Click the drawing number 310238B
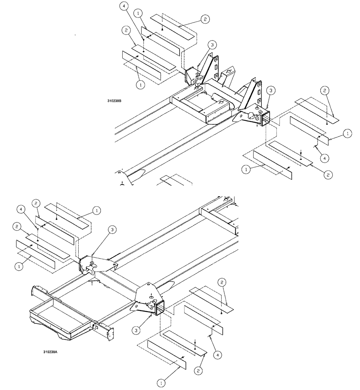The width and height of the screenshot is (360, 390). point(114,101)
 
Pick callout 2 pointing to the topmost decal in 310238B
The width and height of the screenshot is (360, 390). point(204,19)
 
